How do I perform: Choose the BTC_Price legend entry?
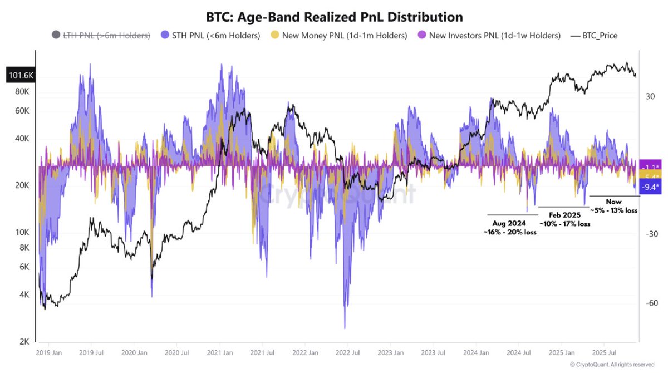pos(595,36)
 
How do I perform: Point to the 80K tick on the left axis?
pos(22,91)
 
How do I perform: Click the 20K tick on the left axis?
pos(22,185)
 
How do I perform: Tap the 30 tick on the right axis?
pos(650,97)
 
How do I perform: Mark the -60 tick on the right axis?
pos(650,303)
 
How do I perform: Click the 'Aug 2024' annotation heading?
pos(510,223)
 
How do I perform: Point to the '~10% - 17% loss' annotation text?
pos(564,223)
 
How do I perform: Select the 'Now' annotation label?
pos(613,202)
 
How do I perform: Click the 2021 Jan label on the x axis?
pos(221,353)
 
